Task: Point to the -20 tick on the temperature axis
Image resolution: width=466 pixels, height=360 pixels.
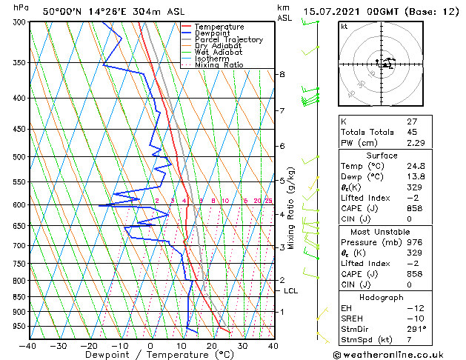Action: point(89,346)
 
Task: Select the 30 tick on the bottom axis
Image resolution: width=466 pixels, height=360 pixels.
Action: point(242,346)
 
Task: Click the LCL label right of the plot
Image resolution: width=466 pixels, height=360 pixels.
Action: point(291,291)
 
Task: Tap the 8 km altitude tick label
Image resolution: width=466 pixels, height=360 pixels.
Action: point(282,74)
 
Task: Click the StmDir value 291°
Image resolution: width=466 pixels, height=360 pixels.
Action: point(415,328)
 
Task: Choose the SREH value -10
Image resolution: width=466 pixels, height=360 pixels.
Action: point(413,318)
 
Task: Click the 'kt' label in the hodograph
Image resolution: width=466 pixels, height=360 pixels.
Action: point(344,27)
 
